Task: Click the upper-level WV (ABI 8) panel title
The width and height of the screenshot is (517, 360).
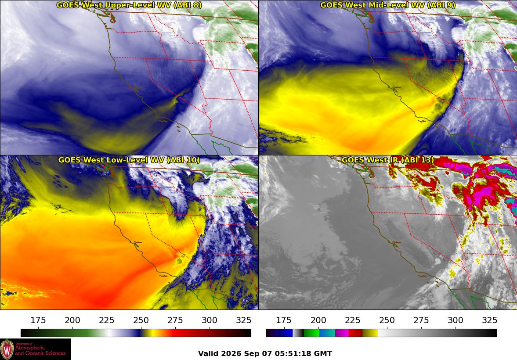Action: click(129, 5)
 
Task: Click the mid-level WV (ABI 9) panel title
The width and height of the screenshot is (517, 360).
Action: click(388, 5)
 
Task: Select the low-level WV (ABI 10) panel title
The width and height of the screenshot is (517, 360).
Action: click(129, 160)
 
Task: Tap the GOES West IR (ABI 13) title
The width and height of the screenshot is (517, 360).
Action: click(388, 160)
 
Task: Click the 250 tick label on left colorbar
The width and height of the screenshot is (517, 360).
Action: click(141, 320)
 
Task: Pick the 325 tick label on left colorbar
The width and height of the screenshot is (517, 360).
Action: click(244, 320)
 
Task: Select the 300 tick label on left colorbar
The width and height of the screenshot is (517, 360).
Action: click(210, 320)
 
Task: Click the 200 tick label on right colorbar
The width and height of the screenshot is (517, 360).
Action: click(318, 320)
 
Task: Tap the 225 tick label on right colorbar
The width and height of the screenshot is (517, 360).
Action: click(352, 320)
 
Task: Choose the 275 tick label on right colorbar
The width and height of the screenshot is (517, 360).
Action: click(421, 320)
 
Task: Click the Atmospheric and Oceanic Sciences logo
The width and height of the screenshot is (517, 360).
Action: click(36, 349)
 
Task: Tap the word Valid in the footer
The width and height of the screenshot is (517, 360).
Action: click(209, 353)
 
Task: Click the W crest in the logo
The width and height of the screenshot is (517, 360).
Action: click(7, 349)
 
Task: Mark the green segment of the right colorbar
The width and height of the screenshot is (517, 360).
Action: click(311, 333)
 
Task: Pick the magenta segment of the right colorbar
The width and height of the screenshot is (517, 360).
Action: click(342, 333)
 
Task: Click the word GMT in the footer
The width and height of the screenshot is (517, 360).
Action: click(325, 353)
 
